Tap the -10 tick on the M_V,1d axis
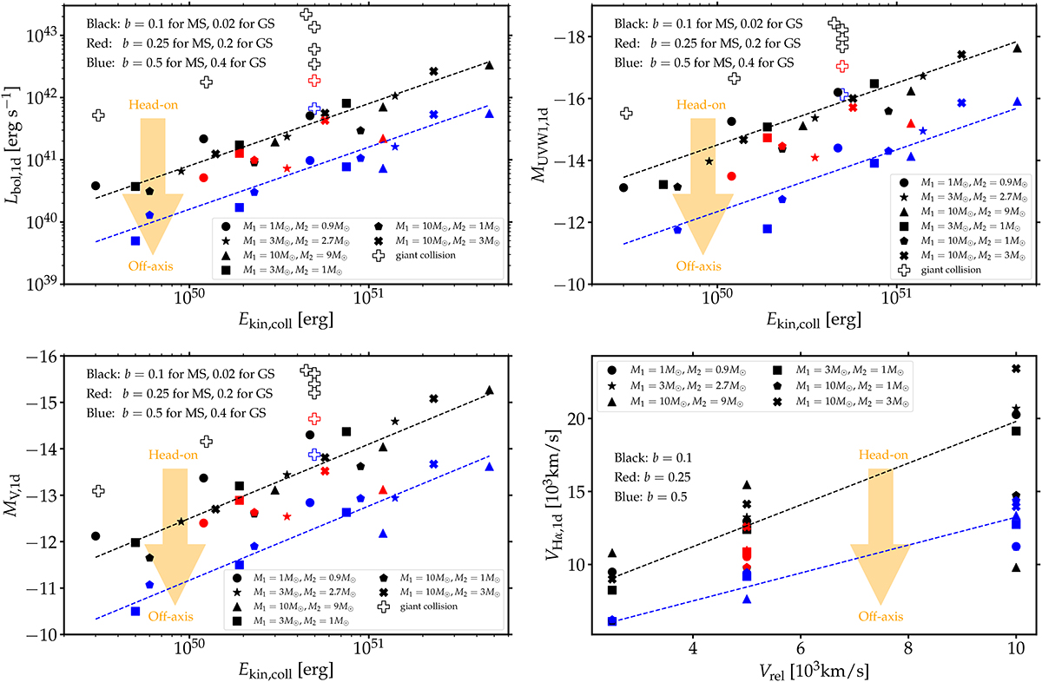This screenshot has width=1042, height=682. (x=46, y=634)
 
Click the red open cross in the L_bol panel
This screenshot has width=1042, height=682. (x=314, y=80)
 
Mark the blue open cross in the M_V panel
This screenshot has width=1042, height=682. (x=314, y=454)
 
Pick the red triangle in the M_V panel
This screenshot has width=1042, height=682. (x=383, y=490)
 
